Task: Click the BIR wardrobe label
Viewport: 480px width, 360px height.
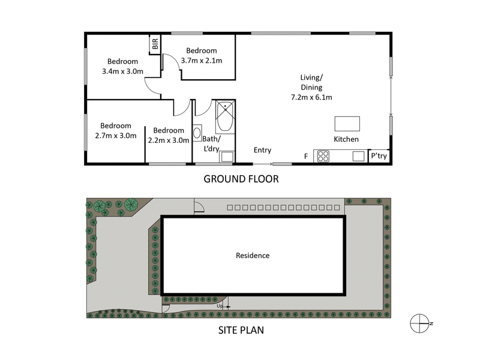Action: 155,44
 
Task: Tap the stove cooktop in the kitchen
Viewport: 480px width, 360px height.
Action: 323,157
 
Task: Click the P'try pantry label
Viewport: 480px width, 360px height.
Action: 379,156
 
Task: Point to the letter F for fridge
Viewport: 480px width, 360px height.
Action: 305,157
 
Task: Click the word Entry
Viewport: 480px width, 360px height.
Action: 262,150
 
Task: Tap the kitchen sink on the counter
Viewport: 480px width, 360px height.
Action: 359,157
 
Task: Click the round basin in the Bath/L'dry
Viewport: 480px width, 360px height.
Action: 198,134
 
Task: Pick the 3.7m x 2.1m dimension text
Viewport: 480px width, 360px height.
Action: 202,60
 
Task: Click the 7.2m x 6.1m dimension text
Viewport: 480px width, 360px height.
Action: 311,97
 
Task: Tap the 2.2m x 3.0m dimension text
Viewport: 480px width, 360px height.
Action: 169,140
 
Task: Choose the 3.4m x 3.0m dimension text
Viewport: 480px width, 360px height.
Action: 123,71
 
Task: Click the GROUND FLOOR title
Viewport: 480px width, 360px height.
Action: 241,179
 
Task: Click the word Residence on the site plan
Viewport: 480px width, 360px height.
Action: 253,256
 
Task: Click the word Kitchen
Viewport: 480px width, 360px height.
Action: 347,139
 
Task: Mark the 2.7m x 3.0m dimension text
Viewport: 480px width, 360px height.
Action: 116,136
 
